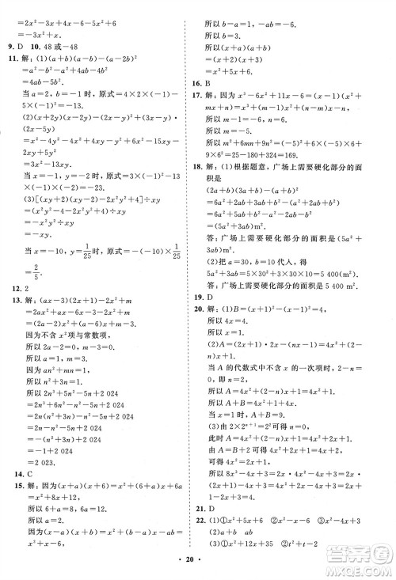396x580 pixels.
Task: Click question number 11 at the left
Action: coord(12,60)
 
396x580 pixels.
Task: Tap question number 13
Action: coord(12,303)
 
